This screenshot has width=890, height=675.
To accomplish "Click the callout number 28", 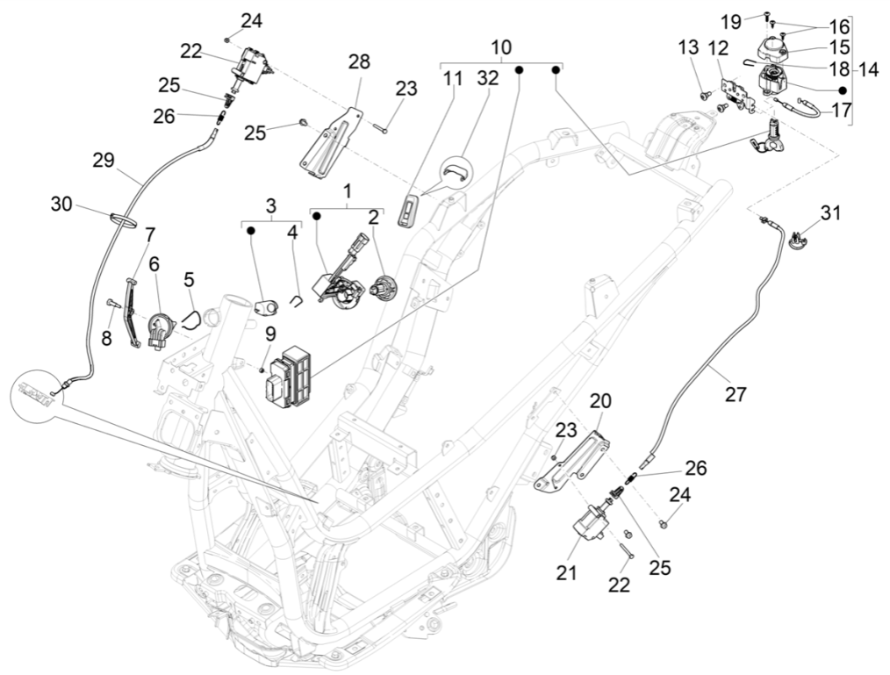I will tap(359, 61).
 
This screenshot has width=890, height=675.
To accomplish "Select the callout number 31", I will tap(830, 213).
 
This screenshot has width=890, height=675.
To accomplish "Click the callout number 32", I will tap(487, 78).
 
